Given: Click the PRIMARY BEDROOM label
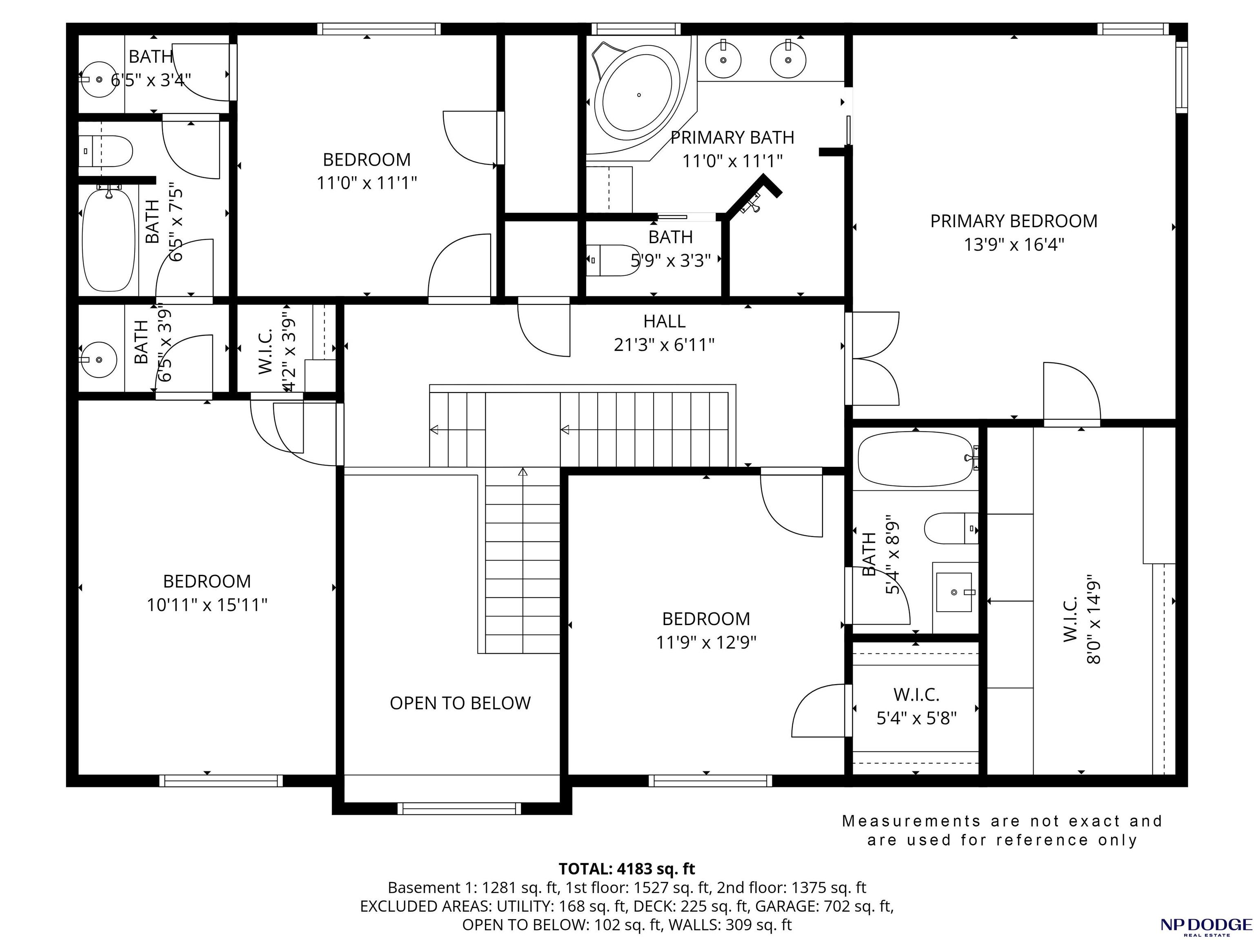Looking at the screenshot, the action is coord(1014,221).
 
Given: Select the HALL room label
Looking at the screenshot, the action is coord(665,321).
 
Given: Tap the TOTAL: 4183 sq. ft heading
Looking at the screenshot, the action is coord(627,869).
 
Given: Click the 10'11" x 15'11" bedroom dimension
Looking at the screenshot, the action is coord(207,605).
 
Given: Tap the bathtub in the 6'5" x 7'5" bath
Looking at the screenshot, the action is coord(109,239).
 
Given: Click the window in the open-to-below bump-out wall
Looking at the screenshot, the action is coord(459,809).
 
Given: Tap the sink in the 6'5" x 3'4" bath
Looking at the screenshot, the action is coord(99,79).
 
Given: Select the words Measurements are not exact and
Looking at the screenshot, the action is coord(1002,821).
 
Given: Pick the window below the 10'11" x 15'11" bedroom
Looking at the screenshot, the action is coord(221,781).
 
